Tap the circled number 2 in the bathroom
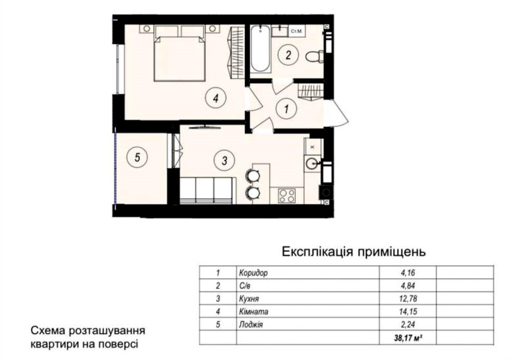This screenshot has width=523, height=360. (x=288, y=55)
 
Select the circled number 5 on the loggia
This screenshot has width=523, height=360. (x=137, y=157)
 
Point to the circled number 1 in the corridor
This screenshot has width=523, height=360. (x=286, y=109)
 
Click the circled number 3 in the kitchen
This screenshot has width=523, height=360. (x=224, y=160)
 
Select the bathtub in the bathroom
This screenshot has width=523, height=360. (x=260, y=48)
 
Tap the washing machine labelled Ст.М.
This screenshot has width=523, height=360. (x=297, y=31)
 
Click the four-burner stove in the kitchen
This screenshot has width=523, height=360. (x=287, y=196)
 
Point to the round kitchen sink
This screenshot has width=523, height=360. (x=313, y=163)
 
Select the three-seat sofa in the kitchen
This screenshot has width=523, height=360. (x=206, y=190)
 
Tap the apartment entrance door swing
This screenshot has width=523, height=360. (x=336, y=113)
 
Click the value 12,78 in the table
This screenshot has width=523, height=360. (x=408, y=299)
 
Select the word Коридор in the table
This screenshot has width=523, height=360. (x=253, y=273)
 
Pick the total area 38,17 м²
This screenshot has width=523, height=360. (x=408, y=338)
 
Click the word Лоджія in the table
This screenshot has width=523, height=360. (x=251, y=325)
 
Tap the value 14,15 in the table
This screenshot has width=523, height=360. (x=408, y=312)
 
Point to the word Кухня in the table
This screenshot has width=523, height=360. (x=249, y=299)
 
